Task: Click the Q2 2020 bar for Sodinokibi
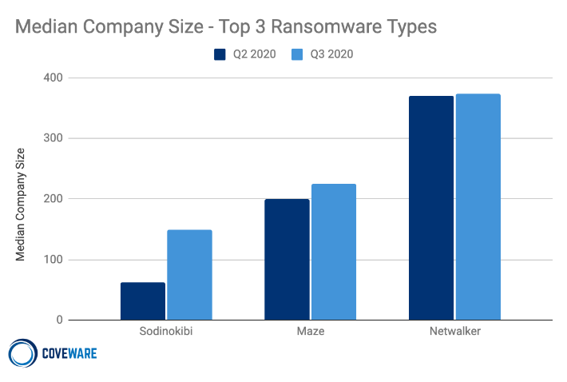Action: point(143,301)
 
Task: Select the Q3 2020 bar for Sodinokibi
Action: point(189,275)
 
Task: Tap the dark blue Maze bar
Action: point(287,259)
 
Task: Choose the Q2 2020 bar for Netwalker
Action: point(431,208)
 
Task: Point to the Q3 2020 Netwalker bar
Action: point(478,207)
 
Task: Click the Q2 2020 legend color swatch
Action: point(220,54)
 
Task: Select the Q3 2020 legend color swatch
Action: point(297,54)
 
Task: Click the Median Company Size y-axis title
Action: point(21,205)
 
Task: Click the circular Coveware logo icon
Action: point(22,353)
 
